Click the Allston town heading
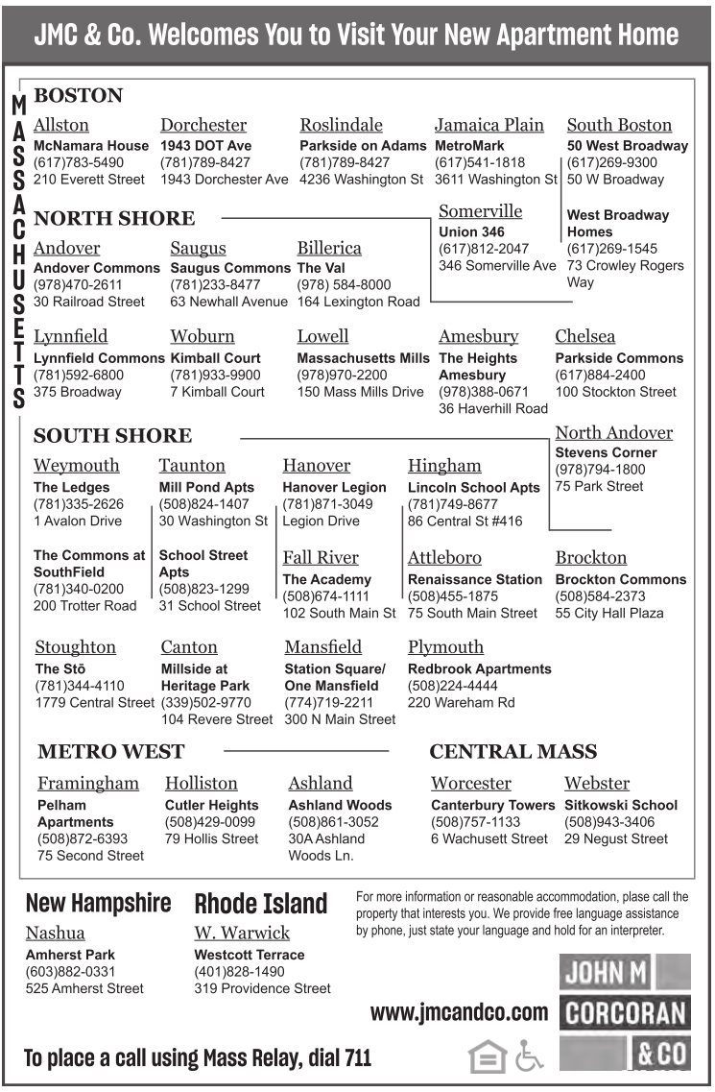61,125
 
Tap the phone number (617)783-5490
79,162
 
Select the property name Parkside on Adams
363,146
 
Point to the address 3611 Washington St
495,180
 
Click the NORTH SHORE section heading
114,218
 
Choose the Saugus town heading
198,248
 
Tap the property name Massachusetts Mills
363,358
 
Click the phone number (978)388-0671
484,392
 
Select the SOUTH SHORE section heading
112,436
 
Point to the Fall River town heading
321,558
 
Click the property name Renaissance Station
475,579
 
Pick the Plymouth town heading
445,647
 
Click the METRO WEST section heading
110,751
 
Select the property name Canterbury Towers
492,805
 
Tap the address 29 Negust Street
616,838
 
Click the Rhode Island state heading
261,904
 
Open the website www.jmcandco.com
459,1011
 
